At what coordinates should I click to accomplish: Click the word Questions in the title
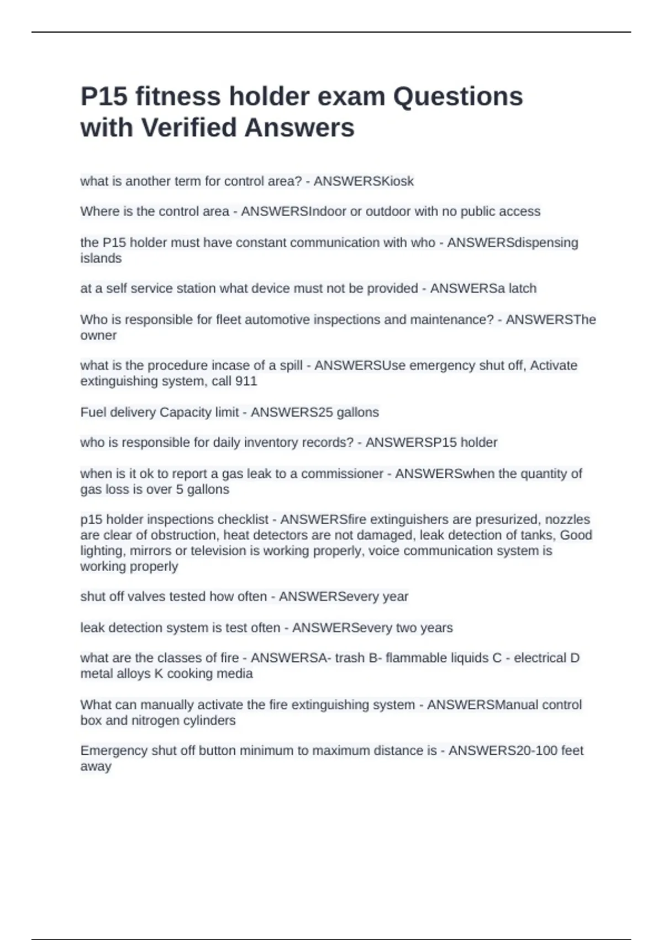coord(457,97)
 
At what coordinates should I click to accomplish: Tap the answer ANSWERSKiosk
coord(364,181)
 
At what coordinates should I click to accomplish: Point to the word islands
coord(101,258)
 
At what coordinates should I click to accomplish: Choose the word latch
coord(521,288)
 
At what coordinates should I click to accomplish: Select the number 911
coord(246,381)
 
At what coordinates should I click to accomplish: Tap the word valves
coord(145,597)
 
